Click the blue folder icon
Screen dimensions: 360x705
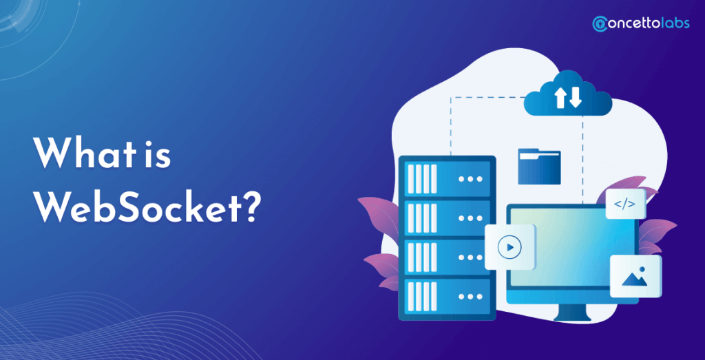(x=539, y=167)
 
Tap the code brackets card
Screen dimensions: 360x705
(x=625, y=203)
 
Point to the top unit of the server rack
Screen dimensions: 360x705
(x=446, y=178)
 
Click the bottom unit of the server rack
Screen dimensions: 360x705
(x=446, y=297)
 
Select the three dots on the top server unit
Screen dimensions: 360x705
(x=471, y=178)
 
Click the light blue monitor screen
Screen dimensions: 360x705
(x=571, y=255)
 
